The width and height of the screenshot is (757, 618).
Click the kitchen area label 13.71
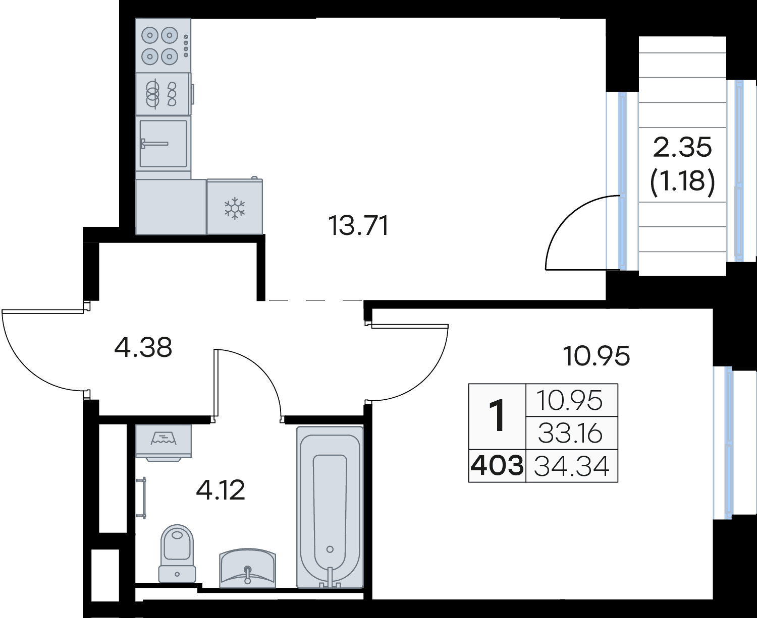pyautogui.click(x=359, y=225)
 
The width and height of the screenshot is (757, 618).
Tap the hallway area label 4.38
pyautogui.click(x=143, y=347)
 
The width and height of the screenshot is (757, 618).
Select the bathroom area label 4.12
pyautogui.click(x=221, y=490)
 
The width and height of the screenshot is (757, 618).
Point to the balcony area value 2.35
pyautogui.click(x=682, y=147)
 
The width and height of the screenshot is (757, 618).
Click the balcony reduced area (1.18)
pyautogui.click(x=682, y=181)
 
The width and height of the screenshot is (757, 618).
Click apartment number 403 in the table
pyautogui.click(x=497, y=466)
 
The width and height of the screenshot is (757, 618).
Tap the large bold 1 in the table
pyautogui.click(x=497, y=416)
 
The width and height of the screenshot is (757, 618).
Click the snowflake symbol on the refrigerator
pyautogui.click(x=234, y=208)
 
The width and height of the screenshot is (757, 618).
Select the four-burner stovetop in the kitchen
pyautogui.click(x=163, y=45)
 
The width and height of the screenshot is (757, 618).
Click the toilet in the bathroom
pyautogui.click(x=177, y=554)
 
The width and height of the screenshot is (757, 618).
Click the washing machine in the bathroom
pyautogui.click(x=164, y=443)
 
